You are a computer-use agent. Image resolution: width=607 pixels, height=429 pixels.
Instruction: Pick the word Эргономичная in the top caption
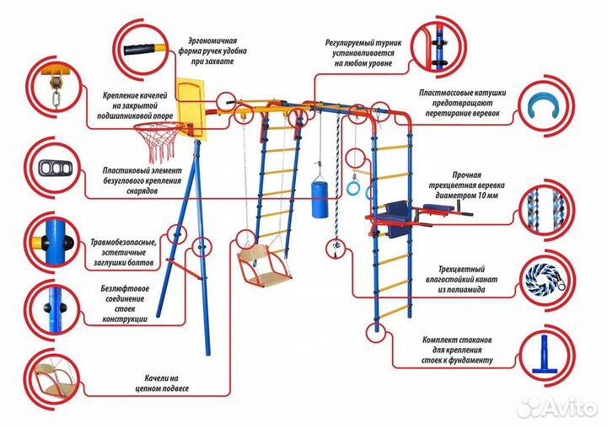coord(212,40)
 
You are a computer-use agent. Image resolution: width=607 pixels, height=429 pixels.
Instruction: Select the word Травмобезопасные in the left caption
coord(124,243)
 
